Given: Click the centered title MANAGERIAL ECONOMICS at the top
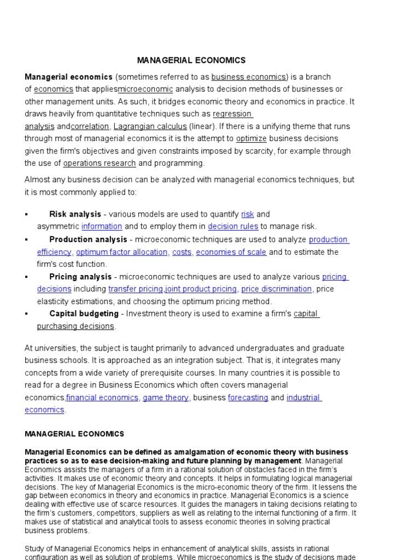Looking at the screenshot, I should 191,60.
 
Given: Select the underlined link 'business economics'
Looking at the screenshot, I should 249,77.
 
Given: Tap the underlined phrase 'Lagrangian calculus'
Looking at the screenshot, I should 150,126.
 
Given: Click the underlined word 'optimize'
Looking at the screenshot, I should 251,138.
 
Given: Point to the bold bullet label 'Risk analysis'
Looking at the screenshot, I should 75,214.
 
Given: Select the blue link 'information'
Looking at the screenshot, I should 102,226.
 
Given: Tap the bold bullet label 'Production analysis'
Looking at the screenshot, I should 87,239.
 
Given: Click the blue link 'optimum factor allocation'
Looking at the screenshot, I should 121,252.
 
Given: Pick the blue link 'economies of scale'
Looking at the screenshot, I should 231,252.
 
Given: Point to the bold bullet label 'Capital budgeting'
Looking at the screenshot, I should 84,313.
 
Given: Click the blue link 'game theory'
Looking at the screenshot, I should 165,398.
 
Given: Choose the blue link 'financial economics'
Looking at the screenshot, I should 102,398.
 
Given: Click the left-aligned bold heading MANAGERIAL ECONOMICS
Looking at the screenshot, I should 74,434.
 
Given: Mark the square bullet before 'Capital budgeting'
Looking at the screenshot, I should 26,314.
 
